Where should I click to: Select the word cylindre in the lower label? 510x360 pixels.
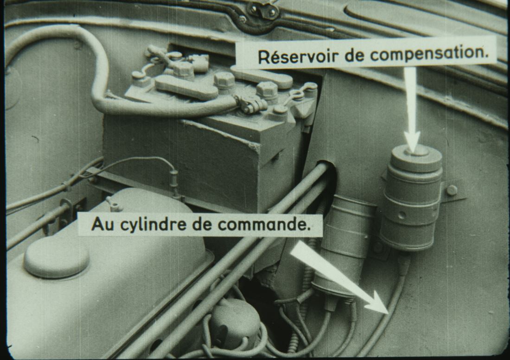click(160, 225)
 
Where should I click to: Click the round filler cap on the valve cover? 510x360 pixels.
click(57, 257)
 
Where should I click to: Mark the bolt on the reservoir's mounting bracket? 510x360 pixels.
click(452, 190)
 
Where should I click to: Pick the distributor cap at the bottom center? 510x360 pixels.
click(234, 322)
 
